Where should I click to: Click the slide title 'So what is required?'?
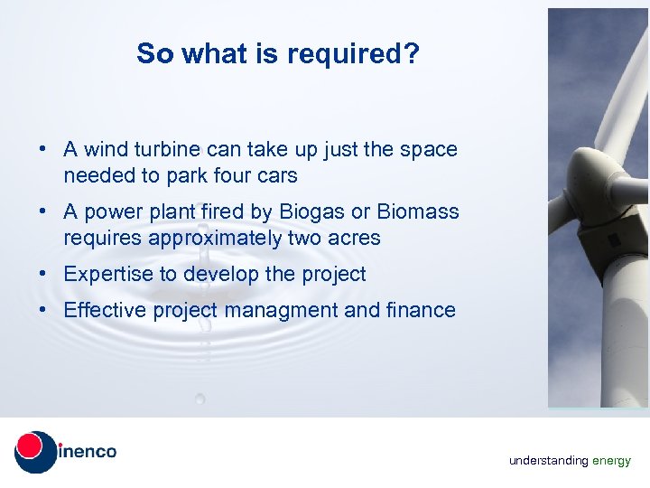tap(278, 54)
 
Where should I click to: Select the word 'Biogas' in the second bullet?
tap(312, 212)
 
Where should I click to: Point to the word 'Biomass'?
tap(418, 212)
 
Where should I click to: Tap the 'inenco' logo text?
tap(87, 451)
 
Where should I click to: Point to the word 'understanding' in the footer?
tap(548, 461)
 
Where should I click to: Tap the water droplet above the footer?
tap(200, 398)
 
